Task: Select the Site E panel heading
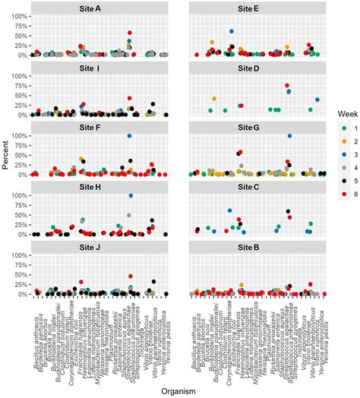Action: click(x=256, y=8)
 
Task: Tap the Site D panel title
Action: click(x=256, y=68)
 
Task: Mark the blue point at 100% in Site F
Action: click(x=130, y=136)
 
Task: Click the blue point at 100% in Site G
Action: click(x=289, y=136)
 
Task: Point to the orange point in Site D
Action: click(x=214, y=99)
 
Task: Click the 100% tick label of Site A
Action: click(x=21, y=16)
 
